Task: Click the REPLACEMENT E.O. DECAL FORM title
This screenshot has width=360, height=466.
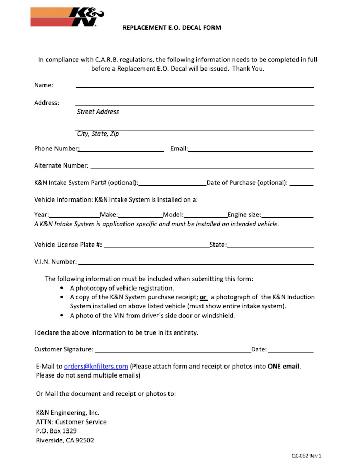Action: (x=172, y=28)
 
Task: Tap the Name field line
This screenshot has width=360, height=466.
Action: (x=195, y=86)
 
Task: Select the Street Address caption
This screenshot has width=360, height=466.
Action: (x=98, y=112)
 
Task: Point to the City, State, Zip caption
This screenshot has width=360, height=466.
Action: (x=98, y=134)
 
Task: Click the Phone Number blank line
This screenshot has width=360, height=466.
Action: (x=121, y=151)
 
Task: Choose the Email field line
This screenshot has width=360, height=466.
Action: (x=251, y=151)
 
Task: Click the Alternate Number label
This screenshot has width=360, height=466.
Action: (x=61, y=165)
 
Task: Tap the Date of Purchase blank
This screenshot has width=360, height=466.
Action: (x=301, y=185)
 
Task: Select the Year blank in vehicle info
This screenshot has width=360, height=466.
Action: (x=74, y=216)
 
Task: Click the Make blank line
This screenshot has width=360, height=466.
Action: (x=140, y=216)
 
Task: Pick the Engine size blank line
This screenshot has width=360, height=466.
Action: (x=288, y=216)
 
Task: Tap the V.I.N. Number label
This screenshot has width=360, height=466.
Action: (x=55, y=261)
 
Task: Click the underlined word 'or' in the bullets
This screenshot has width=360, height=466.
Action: (x=203, y=297)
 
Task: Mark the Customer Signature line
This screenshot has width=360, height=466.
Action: (x=173, y=351)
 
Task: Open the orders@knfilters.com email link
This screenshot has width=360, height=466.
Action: (x=96, y=366)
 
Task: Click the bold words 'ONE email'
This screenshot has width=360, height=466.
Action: (x=284, y=366)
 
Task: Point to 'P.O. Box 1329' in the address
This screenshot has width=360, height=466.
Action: (x=56, y=431)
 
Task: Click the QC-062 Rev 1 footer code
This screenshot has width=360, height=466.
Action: (x=307, y=456)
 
